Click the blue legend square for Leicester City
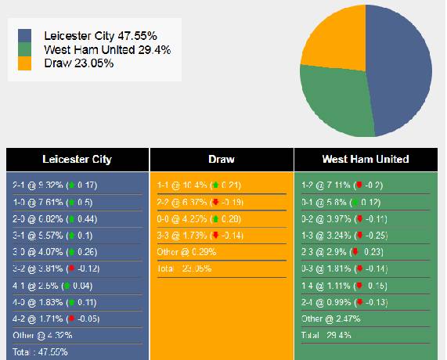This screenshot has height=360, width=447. (x=25, y=36)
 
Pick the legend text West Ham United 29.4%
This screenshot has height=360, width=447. (x=107, y=49)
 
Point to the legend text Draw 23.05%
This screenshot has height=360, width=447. (x=78, y=63)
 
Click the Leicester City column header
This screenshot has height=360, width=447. (x=77, y=159)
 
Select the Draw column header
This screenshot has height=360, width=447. (x=222, y=159)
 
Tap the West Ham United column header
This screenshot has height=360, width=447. (x=366, y=159)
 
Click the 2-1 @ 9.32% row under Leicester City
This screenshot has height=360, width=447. (x=55, y=185)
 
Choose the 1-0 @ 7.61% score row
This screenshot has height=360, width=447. (x=55, y=202)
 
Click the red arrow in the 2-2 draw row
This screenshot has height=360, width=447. (x=214, y=202)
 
